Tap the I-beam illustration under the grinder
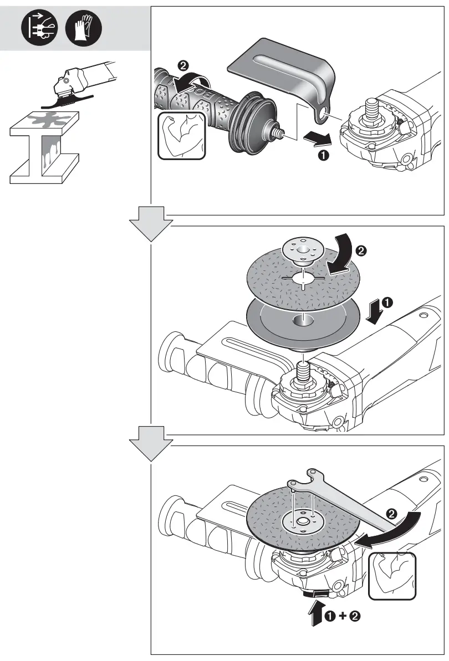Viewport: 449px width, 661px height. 44,147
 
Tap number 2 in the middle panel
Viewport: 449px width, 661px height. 361,252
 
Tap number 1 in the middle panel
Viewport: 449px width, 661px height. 388,303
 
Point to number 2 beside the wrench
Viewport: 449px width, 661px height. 392,514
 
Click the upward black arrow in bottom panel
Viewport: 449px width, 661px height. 316,612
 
